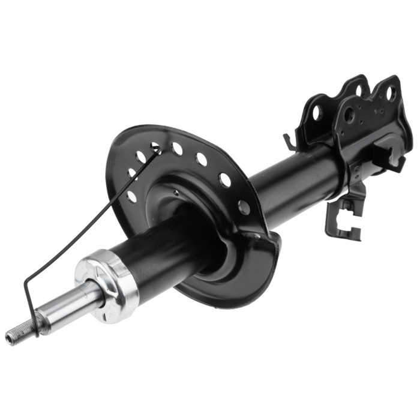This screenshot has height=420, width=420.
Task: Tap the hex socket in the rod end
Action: click(x=8, y=340)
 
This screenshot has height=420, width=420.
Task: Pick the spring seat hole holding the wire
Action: click(x=157, y=147)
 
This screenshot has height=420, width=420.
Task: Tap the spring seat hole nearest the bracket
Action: click(x=244, y=207)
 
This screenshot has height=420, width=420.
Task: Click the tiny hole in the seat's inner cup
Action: click(x=175, y=193)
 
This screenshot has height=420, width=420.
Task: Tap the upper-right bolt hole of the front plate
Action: click(x=390, y=93)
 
